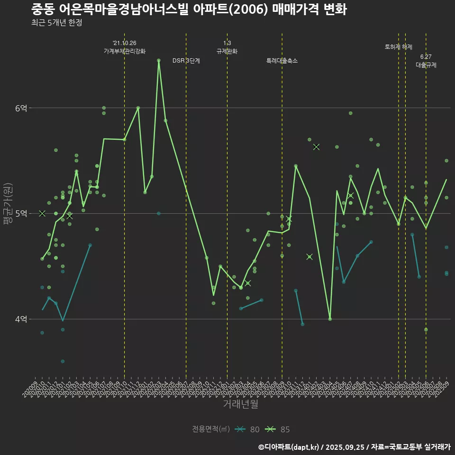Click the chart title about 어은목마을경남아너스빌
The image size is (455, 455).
pyautogui.click(x=189, y=9)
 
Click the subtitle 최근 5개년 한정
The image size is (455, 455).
pyautogui.click(x=56, y=23)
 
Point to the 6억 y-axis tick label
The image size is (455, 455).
pyautogui.click(x=21, y=108)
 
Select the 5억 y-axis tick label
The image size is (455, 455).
pyautogui.click(x=21, y=213)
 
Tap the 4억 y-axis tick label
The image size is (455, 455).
pyautogui.click(x=21, y=319)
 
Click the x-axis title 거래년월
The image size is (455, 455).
pyautogui.click(x=241, y=404)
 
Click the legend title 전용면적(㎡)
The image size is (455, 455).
pyautogui.click(x=210, y=429)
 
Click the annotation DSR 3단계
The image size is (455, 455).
pyautogui.click(x=186, y=61)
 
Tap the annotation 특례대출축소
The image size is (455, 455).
pyautogui.click(x=282, y=61)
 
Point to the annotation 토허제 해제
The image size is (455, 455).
pyautogui.click(x=399, y=47)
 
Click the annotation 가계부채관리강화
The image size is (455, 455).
pyautogui.click(x=125, y=51)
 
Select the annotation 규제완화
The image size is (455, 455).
pyautogui.click(x=227, y=51)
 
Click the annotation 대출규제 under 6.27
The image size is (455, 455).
pyautogui.click(x=426, y=65)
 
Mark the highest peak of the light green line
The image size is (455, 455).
pyautogui.click(x=159, y=60)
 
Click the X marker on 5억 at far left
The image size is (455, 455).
pyautogui.click(x=42, y=213)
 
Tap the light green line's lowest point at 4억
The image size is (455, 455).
pyautogui.click(x=330, y=319)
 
